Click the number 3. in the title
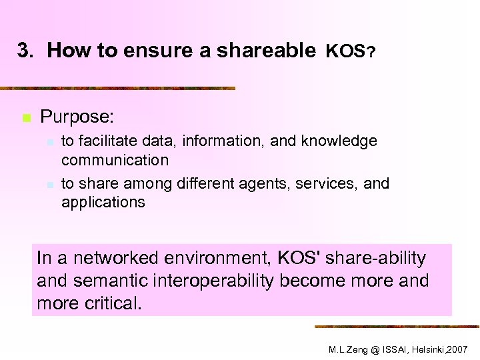click(x=25, y=50)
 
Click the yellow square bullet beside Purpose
click(x=26, y=118)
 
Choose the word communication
click(x=115, y=160)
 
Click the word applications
click(x=103, y=202)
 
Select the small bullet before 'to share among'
click(x=49, y=184)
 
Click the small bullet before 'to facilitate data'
click(x=49, y=142)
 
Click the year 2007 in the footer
click(x=458, y=349)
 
